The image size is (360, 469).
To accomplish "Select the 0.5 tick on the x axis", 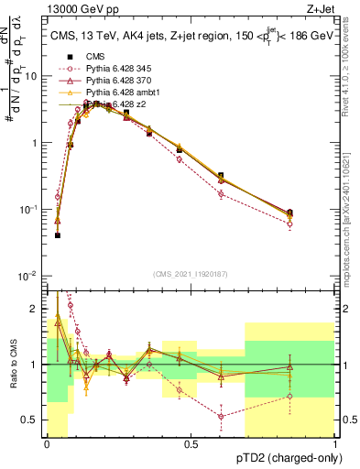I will (x=191, y=445).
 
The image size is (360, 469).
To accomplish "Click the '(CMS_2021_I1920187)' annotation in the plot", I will (x=190, y=273).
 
